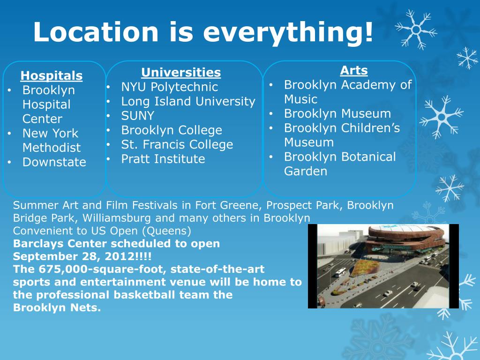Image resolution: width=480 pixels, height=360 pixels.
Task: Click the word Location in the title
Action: click(x=96, y=32)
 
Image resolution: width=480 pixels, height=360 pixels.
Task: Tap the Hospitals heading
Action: click(x=52, y=76)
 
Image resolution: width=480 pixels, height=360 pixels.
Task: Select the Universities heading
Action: click(x=181, y=73)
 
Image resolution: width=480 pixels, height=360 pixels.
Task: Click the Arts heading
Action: click(x=354, y=71)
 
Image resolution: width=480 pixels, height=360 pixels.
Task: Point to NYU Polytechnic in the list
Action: click(x=169, y=87)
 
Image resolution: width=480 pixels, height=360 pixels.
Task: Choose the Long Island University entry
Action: click(x=188, y=102)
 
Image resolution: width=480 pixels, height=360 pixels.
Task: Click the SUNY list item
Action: click(x=137, y=116)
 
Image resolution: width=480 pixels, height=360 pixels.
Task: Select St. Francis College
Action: click(x=177, y=144)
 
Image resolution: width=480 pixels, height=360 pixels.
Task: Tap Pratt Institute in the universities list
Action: click(x=163, y=159)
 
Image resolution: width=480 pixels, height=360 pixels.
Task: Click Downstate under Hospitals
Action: click(x=54, y=162)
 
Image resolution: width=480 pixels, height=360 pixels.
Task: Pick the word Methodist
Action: click(x=52, y=148)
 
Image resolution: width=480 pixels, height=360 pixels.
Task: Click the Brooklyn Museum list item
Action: click(x=337, y=114)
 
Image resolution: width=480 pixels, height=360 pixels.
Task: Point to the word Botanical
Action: click(x=368, y=157)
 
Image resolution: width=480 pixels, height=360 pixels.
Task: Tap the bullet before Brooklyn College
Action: click(x=109, y=130)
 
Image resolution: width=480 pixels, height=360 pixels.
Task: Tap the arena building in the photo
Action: click(x=393, y=239)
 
